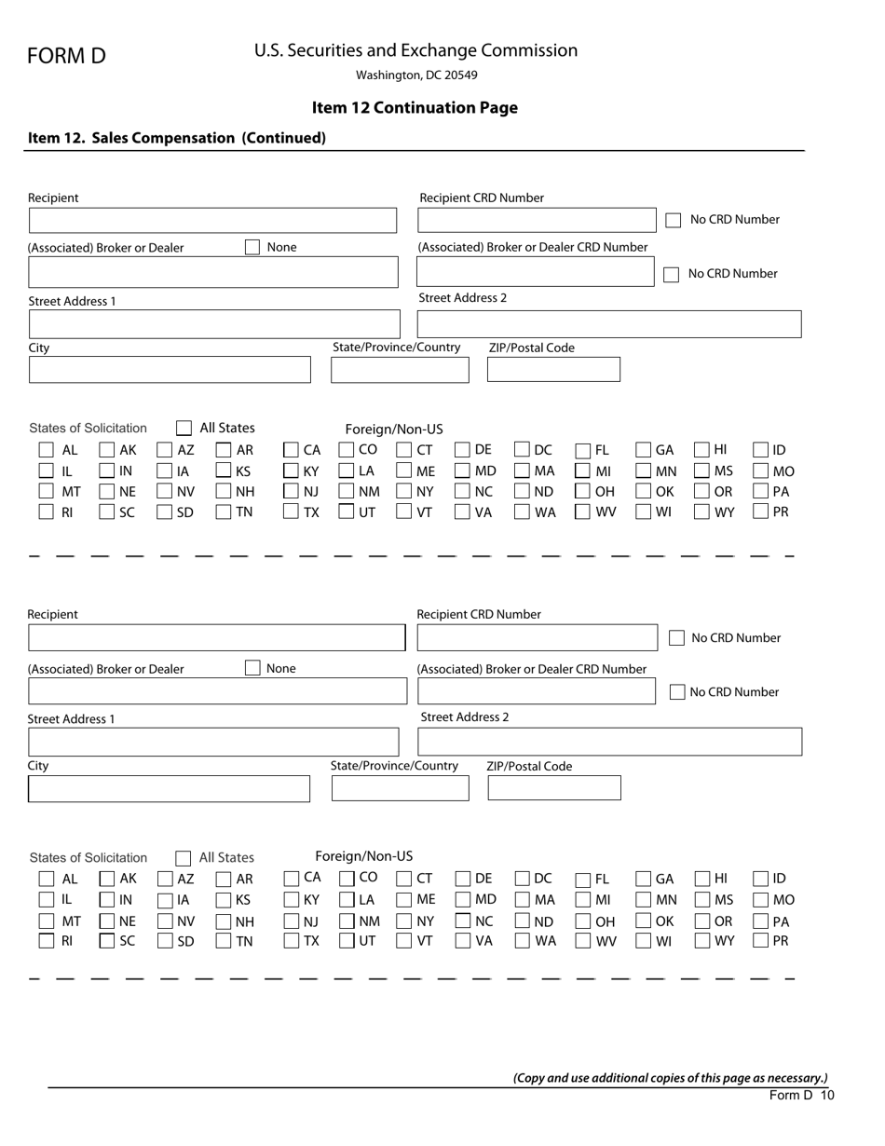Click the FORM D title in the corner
pos(66,56)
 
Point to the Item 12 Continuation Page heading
pos(415,107)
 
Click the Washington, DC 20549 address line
pos(416,75)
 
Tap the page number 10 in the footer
pos(827,1096)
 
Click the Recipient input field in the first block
pos(212,221)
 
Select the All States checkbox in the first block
pos(184,429)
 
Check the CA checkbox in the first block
pos(292,450)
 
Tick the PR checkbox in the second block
pos(761,941)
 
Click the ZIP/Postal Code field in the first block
pos(553,370)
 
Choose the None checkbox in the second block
pos(252,668)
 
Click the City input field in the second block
pos(169,789)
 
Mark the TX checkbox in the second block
pos(292,941)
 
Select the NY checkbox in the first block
pos(404,491)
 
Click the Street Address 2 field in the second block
pos(609,742)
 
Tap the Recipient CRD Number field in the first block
pos(538,220)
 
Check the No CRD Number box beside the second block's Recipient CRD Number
pos(676,638)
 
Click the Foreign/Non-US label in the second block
pos(363,856)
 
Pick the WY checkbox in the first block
pos(703,512)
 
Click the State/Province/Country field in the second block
pos(400,788)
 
